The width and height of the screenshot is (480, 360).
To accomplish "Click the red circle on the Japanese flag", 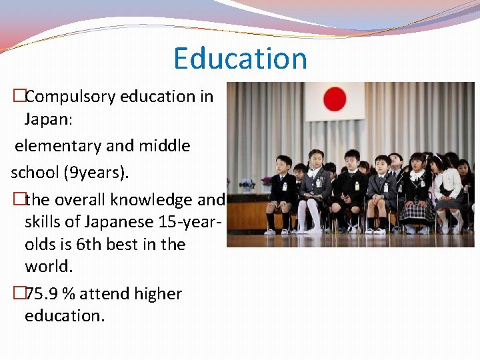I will tap(335, 99).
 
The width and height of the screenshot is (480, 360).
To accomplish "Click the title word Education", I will tap(240, 59).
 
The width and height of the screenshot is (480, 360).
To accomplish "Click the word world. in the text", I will tap(48, 267).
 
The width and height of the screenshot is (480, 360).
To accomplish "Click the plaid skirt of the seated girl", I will tap(418, 212).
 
